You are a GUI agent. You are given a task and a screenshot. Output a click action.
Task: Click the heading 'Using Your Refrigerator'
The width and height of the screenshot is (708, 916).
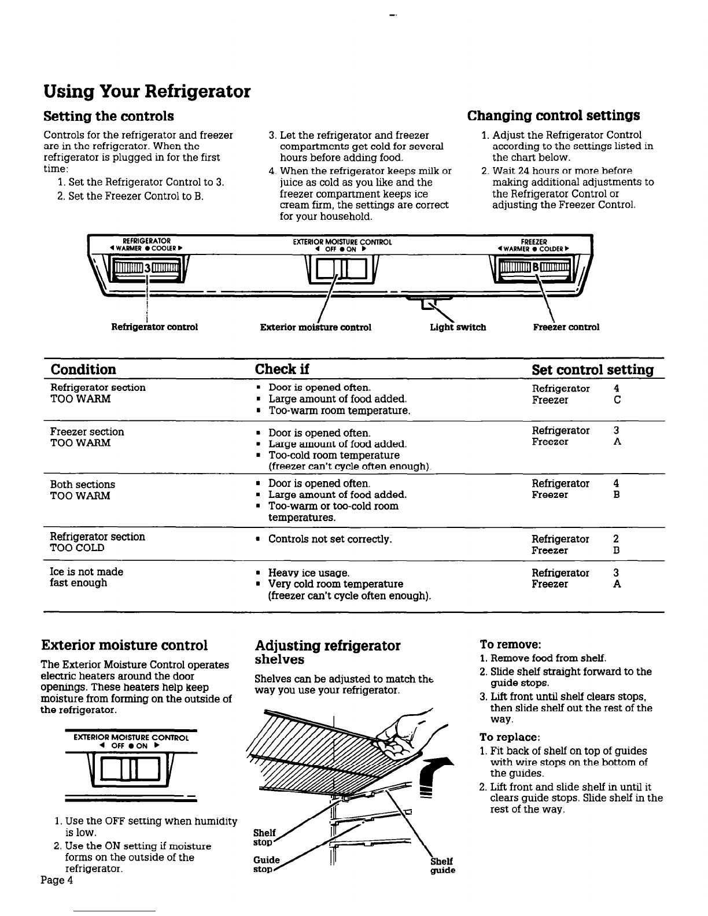tap(147, 92)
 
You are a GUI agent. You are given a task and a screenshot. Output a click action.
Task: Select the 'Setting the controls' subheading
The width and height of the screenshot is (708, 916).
tap(109, 116)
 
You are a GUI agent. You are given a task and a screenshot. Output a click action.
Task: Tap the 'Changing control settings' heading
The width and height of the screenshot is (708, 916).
tap(554, 116)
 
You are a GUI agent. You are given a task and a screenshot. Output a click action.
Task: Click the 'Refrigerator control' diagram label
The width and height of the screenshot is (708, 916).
tap(154, 327)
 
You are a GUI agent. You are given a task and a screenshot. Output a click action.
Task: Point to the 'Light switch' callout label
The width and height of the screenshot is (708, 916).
tap(458, 327)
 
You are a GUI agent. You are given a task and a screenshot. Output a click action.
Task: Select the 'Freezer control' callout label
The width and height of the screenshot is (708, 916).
tap(566, 327)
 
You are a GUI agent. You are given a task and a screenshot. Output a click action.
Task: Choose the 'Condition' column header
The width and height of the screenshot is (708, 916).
tap(83, 370)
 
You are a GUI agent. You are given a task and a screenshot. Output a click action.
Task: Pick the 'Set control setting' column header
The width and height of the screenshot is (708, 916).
tap(592, 370)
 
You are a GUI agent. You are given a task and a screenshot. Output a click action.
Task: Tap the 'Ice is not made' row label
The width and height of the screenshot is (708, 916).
tap(87, 572)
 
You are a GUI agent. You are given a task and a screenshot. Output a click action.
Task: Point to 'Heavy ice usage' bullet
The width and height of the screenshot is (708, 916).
tap(309, 573)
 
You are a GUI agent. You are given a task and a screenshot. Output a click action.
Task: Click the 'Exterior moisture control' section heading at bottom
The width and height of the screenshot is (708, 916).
tap(124, 645)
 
